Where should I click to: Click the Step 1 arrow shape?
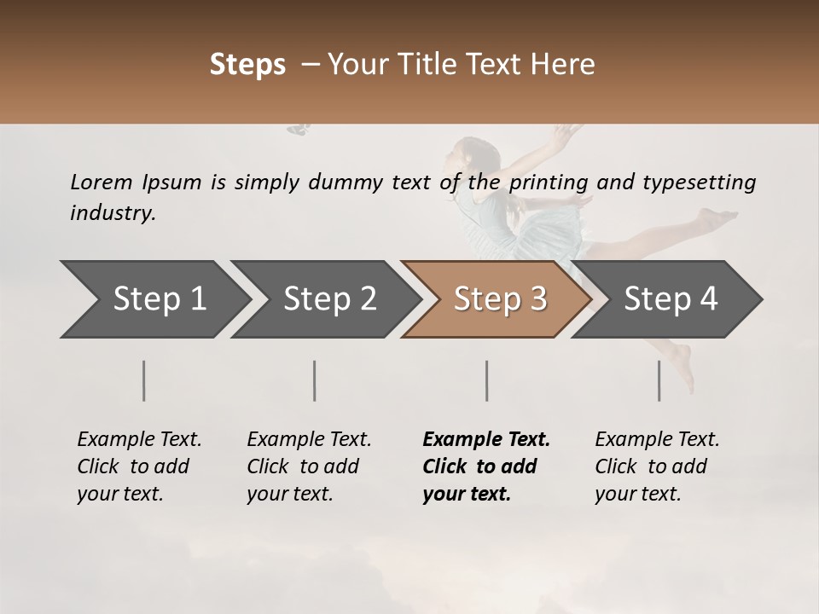(x=154, y=299)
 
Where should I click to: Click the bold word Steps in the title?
(x=247, y=65)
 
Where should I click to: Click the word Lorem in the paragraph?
(x=101, y=182)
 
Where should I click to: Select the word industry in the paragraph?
(x=112, y=213)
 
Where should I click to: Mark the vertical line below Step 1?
(x=144, y=380)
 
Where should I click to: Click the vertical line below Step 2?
(x=315, y=380)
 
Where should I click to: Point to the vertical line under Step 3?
(x=486, y=380)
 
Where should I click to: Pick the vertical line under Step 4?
(x=659, y=380)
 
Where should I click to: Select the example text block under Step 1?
(x=138, y=466)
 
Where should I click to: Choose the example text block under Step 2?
(x=308, y=466)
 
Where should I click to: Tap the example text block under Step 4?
(x=656, y=466)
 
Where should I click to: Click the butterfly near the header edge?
(x=298, y=130)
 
